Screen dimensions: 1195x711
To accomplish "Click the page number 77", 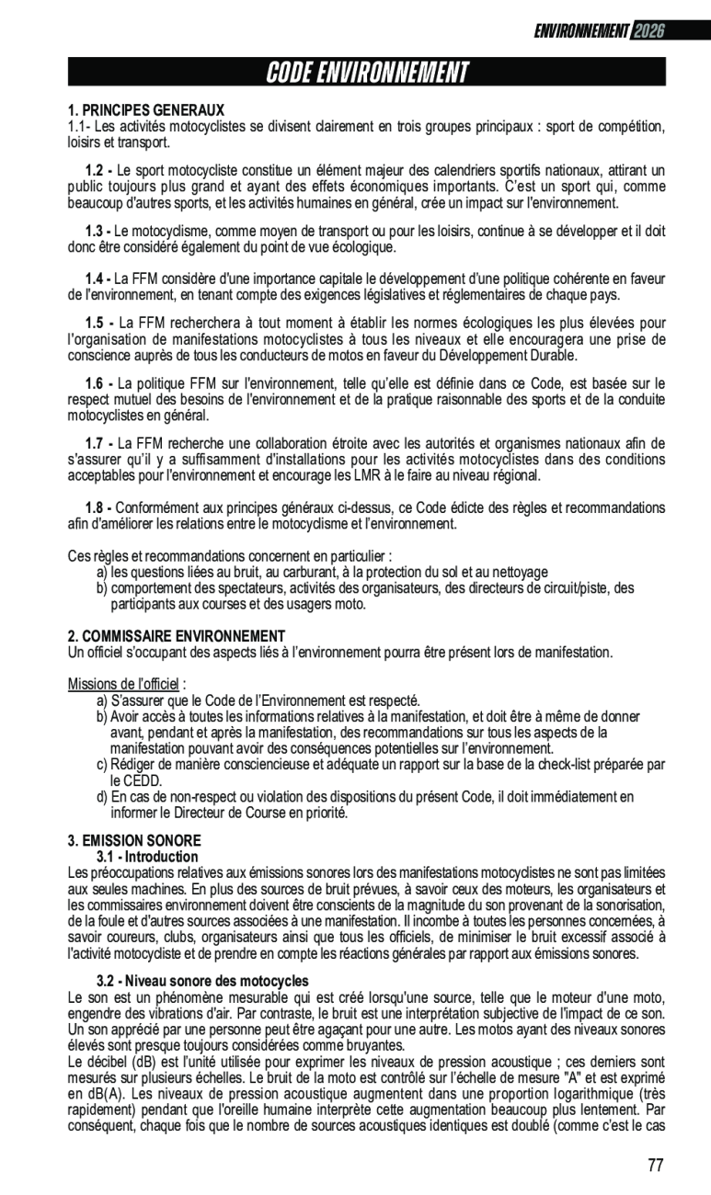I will click(x=655, y=1166).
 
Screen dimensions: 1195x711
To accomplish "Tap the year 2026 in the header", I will click(x=648, y=31).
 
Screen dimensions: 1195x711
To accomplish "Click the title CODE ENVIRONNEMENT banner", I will click(x=366, y=72).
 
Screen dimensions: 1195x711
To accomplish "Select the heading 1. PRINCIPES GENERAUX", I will click(x=146, y=110).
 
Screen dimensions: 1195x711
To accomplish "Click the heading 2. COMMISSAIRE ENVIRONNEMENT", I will click(x=177, y=636).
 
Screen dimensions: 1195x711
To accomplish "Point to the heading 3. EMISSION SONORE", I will click(x=134, y=840).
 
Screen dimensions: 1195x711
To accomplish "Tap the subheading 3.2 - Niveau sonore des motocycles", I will click(x=202, y=981).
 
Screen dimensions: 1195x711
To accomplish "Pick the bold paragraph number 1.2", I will click(x=97, y=172).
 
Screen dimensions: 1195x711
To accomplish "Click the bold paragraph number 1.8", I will click(x=97, y=507).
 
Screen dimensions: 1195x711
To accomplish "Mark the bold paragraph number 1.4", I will click(x=97, y=279).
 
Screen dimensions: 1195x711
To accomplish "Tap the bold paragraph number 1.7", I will click(x=97, y=444).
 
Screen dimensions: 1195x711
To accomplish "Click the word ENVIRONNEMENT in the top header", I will click(x=581, y=31).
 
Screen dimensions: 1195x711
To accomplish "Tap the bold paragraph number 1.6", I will click(x=97, y=383).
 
